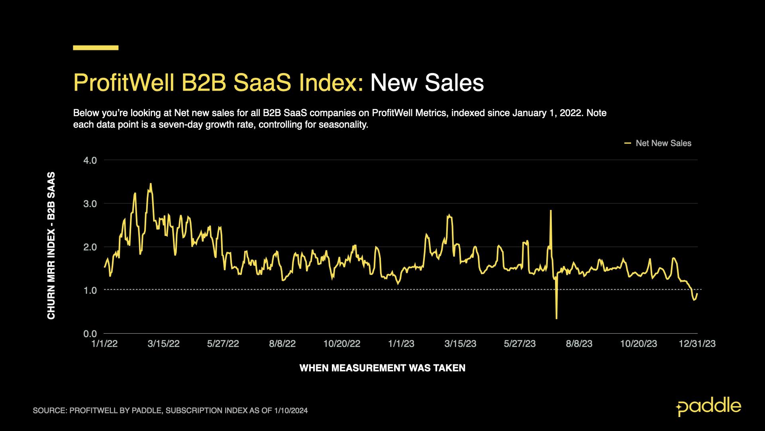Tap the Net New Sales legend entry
point(663,143)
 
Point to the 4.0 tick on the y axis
point(90,160)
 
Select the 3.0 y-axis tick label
point(90,204)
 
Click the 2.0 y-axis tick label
point(90,247)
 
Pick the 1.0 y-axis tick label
point(90,290)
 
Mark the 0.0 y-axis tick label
point(90,334)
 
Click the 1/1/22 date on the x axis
point(104,344)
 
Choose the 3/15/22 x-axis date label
point(163,344)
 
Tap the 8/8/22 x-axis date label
point(282,344)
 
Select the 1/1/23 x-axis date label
point(401,344)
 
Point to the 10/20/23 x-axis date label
point(638,344)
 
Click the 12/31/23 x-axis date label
point(697,344)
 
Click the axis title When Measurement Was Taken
point(382,368)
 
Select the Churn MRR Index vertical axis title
point(51,245)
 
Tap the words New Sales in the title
point(427,83)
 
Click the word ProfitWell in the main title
point(124,83)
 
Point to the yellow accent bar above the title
point(96,48)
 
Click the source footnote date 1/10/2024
point(291,410)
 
